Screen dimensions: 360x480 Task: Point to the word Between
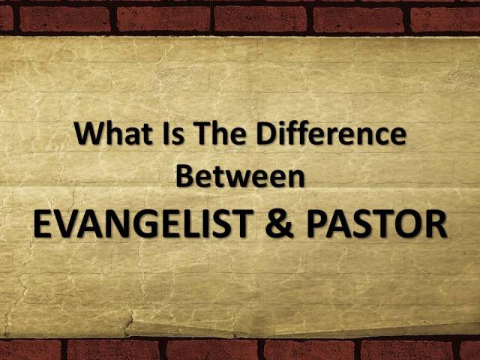239,177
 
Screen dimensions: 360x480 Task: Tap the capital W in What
88,135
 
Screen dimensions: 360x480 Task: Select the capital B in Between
184,177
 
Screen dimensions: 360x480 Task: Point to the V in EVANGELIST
66,223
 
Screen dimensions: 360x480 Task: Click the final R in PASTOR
436,223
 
